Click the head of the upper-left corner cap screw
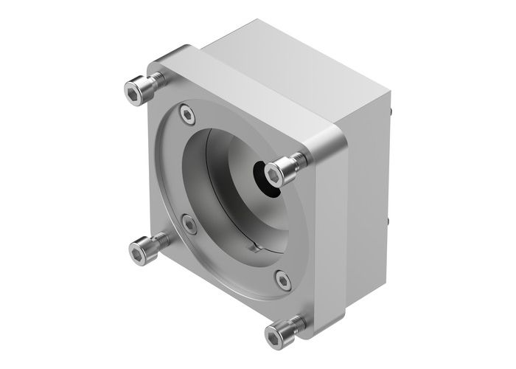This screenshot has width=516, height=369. coord(133,92)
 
